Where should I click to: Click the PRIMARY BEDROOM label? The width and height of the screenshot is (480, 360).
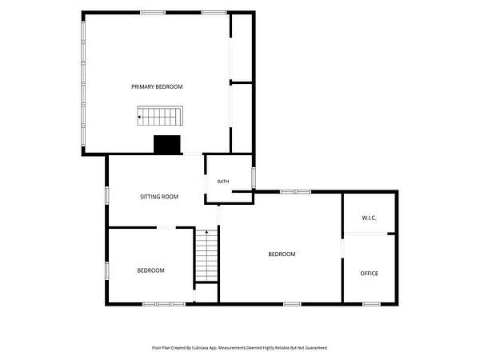click(157, 86)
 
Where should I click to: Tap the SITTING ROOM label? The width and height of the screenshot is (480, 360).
click(159, 197)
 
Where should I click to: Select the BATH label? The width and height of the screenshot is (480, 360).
click(223, 182)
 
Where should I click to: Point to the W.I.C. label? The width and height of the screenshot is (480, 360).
click(369, 218)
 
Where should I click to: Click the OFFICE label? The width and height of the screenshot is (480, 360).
click(369, 273)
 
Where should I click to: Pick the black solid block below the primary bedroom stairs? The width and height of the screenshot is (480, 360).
click(167, 144)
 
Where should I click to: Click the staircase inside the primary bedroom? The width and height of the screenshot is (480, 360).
click(160, 116)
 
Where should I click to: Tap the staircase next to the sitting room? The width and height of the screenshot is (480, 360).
click(206, 255)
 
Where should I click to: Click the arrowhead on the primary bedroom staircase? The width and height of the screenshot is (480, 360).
click(139, 117)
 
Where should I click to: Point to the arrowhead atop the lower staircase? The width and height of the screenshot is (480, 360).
click(206, 232)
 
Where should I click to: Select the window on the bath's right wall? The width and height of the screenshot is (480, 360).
click(254, 178)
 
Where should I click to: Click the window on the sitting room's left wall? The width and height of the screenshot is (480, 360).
click(107, 195)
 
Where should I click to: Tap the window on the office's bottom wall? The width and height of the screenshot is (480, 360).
click(371, 304)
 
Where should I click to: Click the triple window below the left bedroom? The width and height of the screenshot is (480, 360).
click(164, 304)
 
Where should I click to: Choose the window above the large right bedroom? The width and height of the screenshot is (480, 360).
click(296, 192)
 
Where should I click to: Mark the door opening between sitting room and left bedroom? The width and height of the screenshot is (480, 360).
click(166, 227)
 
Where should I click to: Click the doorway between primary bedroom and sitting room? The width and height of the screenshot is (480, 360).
click(193, 154)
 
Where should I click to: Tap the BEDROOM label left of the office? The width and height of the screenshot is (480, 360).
click(282, 254)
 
